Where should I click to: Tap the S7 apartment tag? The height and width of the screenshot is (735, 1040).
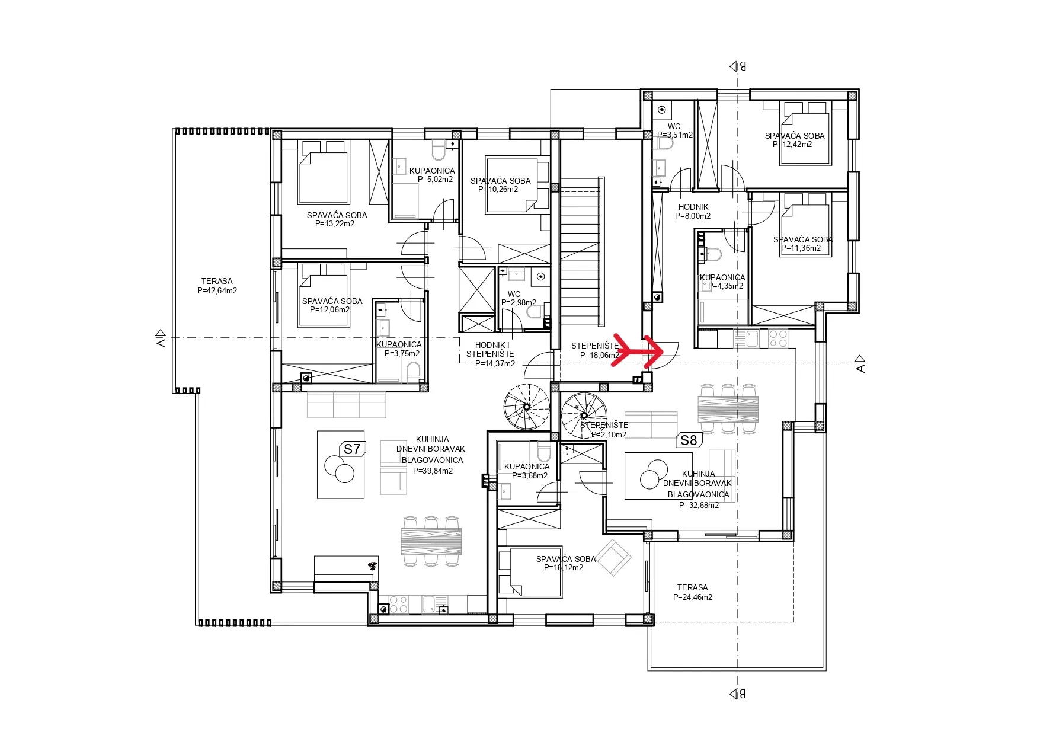click(x=352, y=449)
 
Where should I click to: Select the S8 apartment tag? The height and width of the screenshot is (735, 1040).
click(x=689, y=440)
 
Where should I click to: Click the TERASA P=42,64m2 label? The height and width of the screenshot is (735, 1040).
click(x=217, y=286)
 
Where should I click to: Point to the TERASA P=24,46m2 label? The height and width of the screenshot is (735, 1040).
click(x=693, y=592)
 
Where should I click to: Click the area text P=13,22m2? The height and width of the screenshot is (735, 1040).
click(x=335, y=224)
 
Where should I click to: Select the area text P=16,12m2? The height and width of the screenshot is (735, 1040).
click(x=564, y=567)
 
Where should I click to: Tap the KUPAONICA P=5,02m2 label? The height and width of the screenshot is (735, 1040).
click(x=432, y=175)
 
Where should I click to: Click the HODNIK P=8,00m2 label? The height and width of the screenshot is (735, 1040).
click(x=693, y=212)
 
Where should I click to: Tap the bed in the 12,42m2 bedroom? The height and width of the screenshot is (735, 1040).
click(x=805, y=133)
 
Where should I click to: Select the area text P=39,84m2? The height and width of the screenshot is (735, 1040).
click(x=433, y=471)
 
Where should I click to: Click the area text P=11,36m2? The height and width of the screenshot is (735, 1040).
click(x=801, y=248)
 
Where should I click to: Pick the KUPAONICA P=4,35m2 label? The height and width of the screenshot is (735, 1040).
click(x=722, y=282)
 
